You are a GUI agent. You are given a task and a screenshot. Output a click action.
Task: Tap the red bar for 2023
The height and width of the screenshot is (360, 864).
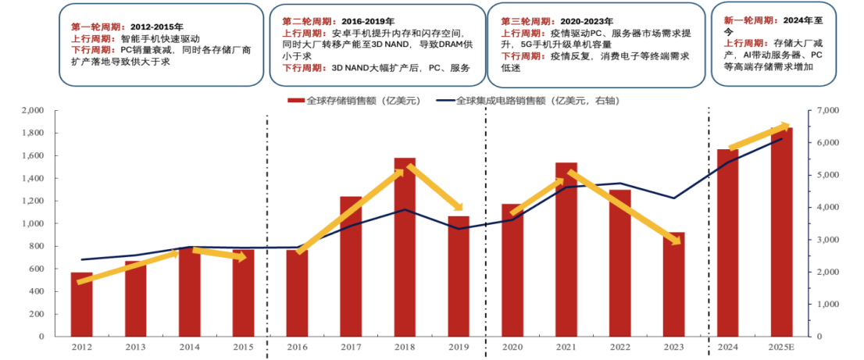[674, 284]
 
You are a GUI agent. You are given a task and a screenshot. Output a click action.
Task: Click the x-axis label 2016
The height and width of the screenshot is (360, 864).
[296, 347]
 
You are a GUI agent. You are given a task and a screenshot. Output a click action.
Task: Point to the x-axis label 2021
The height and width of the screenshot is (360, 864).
[566, 347]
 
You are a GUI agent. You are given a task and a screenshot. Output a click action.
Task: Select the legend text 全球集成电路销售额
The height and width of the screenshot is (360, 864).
[501, 101]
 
